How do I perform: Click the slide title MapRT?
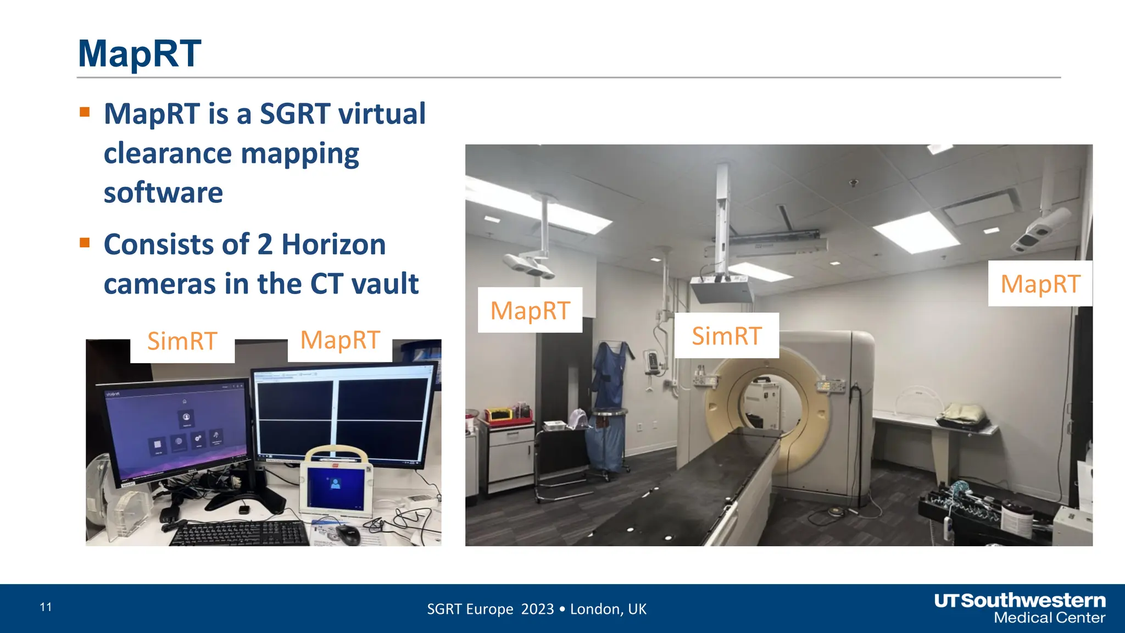click(140, 54)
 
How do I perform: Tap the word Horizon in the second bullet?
click(333, 245)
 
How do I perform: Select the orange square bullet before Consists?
click(85, 243)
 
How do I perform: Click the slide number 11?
click(46, 607)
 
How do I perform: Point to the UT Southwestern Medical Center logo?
click(1020, 608)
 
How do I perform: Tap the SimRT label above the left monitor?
click(182, 341)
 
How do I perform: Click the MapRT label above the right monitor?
click(340, 340)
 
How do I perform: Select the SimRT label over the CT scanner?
click(726, 336)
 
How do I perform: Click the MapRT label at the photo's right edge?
click(1040, 284)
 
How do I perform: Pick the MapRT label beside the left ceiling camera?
click(530, 310)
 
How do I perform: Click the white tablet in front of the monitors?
click(336, 484)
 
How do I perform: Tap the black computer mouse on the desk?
click(348, 534)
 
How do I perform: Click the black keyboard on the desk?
click(241, 534)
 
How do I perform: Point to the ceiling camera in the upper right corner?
click(1041, 230)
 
